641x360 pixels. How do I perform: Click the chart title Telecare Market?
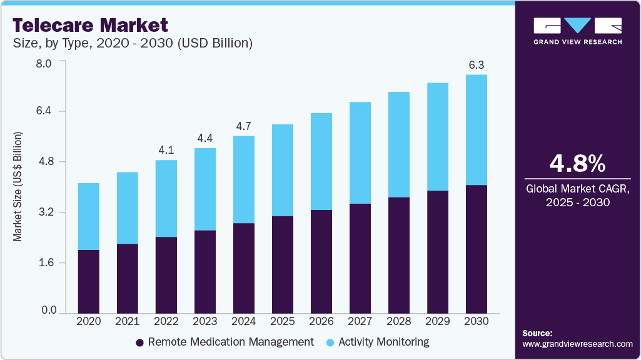pos(90,25)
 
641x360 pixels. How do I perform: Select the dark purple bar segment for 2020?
pos(89,281)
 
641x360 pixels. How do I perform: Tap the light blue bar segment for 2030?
pos(477,130)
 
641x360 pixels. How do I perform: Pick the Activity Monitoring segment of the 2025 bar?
pos(283,170)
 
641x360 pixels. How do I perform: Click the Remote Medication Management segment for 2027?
pos(360,257)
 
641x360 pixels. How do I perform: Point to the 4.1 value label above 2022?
pos(166,150)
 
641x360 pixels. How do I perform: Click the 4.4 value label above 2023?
pos(205,138)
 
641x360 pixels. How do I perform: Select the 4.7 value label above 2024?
pos(244,126)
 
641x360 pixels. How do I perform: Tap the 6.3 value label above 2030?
pos(477,65)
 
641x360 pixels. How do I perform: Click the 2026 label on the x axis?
pos(321,321)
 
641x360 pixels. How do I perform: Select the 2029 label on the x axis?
pos(438,321)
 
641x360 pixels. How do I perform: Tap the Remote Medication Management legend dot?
pos(140,342)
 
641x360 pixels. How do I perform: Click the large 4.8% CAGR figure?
pos(577,164)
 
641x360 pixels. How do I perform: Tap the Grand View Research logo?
pos(577,31)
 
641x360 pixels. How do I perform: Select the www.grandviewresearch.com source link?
pos(577,344)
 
